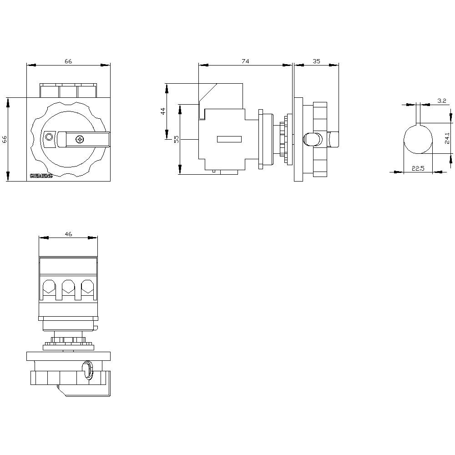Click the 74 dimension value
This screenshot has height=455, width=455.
click(x=245, y=61)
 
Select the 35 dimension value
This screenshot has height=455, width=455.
click(x=317, y=61)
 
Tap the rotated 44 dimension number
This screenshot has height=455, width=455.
click(x=162, y=111)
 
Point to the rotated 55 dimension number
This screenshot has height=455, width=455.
click(x=176, y=139)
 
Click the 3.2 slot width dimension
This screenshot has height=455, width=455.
click(x=441, y=101)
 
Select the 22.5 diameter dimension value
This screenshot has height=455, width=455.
click(x=418, y=168)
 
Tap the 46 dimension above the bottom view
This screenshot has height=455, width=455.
click(x=68, y=234)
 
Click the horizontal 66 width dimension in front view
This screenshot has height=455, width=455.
click(x=68, y=61)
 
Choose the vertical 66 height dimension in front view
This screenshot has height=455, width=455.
click(x=5, y=139)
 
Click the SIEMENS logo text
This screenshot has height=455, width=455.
click(x=41, y=176)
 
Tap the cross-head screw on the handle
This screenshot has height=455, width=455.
click(x=80, y=139)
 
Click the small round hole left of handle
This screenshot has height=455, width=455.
click(x=49, y=137)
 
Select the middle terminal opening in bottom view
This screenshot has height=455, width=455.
click(x=68, y=286)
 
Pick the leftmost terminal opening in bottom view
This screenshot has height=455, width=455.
click(x=49, y=286)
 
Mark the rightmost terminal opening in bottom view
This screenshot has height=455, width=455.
click(x=87, y=286)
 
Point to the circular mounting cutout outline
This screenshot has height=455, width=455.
click(x=418, y=139)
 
